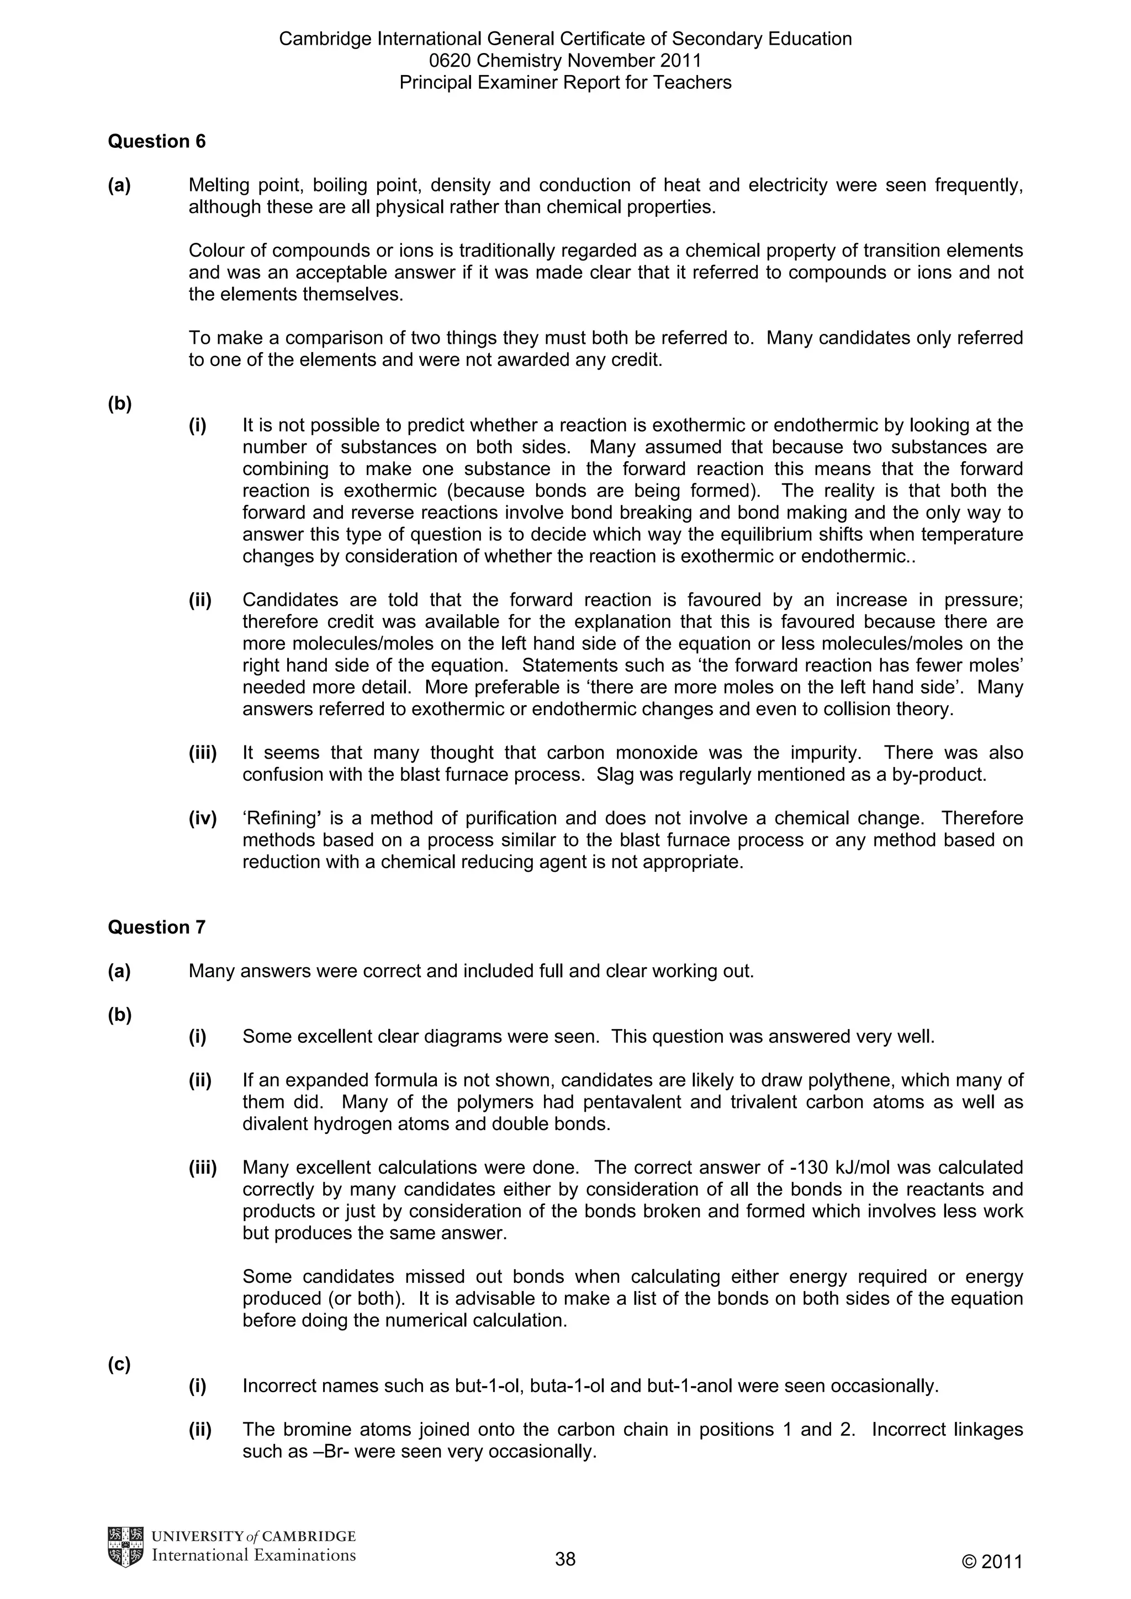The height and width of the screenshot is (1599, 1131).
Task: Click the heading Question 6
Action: point(157,141)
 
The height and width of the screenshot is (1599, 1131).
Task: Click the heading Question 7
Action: point(157,927)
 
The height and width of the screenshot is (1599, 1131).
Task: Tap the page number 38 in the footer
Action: point(565,1559)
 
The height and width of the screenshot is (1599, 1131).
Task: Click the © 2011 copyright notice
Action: point(992,1562)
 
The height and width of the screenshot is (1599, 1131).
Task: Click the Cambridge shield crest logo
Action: point(125,1548)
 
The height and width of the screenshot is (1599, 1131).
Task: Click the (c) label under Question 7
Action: point(119,1365)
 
